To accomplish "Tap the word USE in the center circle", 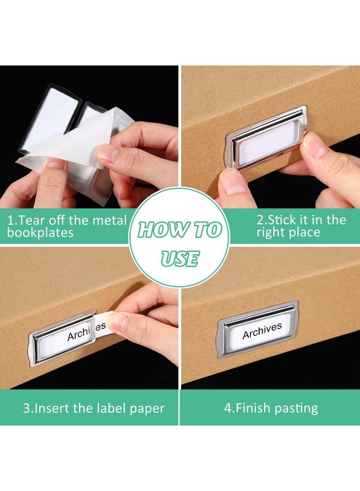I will [180, 258].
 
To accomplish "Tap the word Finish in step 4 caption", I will [252, 408].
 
